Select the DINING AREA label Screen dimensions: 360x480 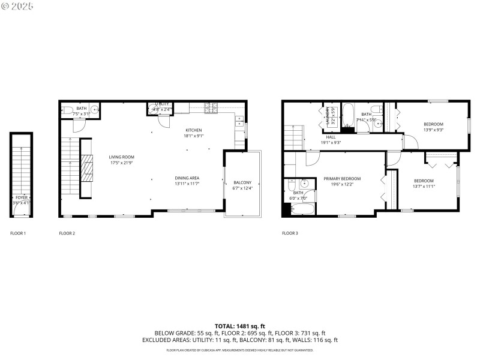click(x=187, y=178)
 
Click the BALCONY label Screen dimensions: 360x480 click(x=242, y=182)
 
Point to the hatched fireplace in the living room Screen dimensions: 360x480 click(x=88, y=168)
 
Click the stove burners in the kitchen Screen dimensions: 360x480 click(x=212, y=109)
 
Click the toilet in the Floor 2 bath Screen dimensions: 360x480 click(x=65, y=110)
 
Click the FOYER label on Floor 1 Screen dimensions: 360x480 click(x=21, y=197)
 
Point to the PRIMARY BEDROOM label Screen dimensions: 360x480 click(x=342, y=178)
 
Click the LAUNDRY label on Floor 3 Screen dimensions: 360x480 click(x=327, y=114)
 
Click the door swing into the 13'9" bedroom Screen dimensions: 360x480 click(x=410, y=142)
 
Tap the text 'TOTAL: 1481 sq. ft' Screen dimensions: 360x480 click(x=240, y=326)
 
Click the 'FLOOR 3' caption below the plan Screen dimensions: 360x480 click(x=290, y=233)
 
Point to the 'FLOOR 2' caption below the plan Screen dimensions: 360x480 click(x=67, y=233)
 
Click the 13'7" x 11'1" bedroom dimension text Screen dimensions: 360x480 click(x=424, y=187)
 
